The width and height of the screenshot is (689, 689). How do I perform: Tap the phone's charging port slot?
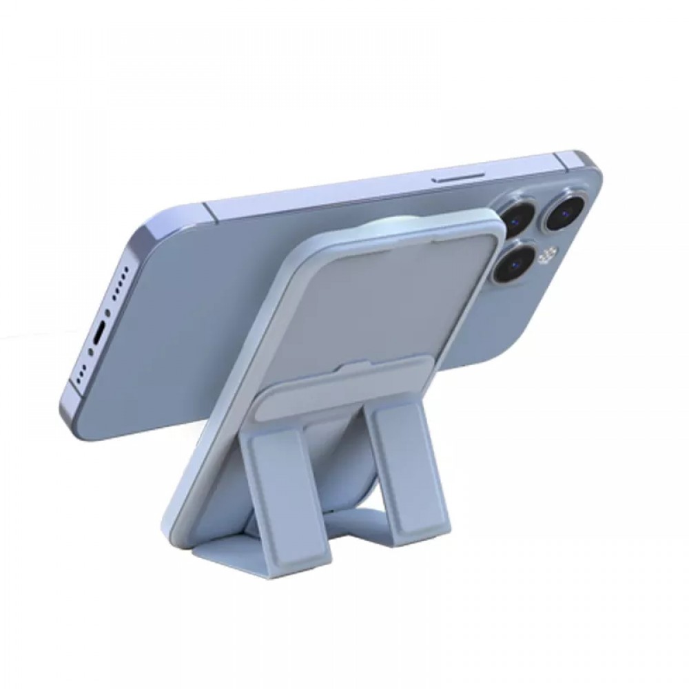tap(102, 336)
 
